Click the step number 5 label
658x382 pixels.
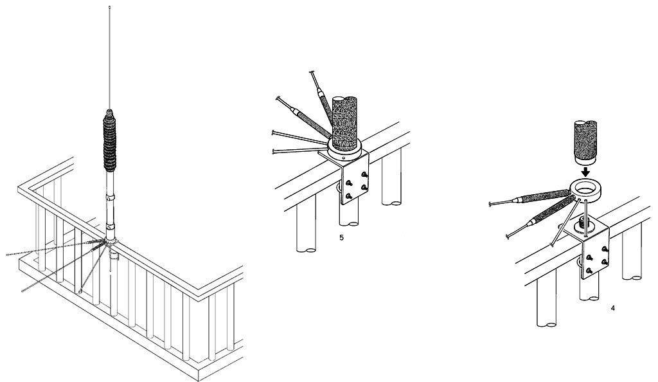(x=341, y=237)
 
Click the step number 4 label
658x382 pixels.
(x=613, y=308)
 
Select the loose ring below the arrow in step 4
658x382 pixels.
(x=585, y=189)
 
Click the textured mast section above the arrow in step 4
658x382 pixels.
(x=585, y=142)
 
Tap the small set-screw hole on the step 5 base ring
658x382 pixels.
(x=344, y=159)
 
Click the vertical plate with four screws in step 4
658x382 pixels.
(x=596, y=257)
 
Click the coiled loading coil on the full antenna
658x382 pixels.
(x=109, y=140)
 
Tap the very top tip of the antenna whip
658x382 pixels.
(x=109, y=7)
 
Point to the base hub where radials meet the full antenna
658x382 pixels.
(x=111, y=242)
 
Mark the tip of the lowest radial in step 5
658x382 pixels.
(x=274, y=151)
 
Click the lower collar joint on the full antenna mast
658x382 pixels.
(x=110, y=226)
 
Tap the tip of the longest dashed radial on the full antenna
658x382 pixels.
(x=8, y=255)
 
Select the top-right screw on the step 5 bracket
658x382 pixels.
(x=364, y=174)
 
